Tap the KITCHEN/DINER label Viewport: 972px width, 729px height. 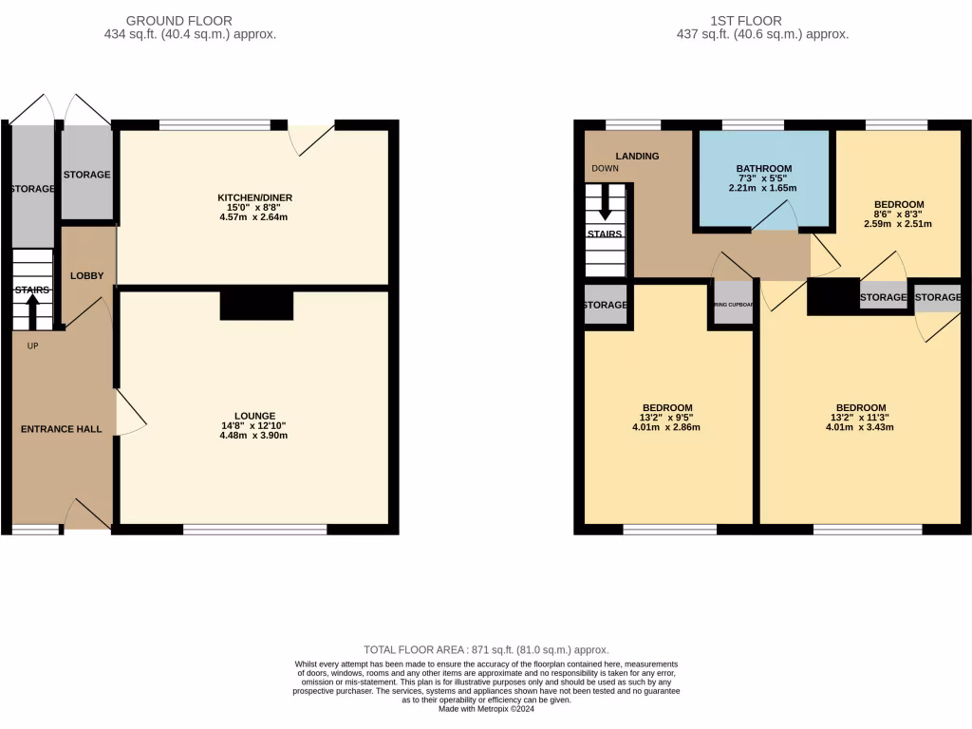(x=254, y=197)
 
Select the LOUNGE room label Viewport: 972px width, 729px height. (x=254, y=416)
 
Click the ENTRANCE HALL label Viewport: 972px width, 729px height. (x=62, y=429)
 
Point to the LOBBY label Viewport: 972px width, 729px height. (x=86, y=275)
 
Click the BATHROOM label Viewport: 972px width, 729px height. (x=764, y=169)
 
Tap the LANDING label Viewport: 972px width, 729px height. (x=637, y=156)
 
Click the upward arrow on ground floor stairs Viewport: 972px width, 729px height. (x=33, y=309)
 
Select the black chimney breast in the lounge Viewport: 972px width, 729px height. (x=256, y=306)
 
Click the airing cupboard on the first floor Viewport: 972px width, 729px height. (x=734, y=305)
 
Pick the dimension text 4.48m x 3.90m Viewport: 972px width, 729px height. (x=254, y=437)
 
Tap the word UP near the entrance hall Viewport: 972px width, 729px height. (x=32, y=346)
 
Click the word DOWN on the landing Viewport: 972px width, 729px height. (x=605, y=169)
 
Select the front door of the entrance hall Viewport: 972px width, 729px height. (x=87, y=514)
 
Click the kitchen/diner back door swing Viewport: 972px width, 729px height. (x=313, y=140)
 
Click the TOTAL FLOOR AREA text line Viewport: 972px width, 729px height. (x=486, y=649)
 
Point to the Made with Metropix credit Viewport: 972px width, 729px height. (x=486, y=709)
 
